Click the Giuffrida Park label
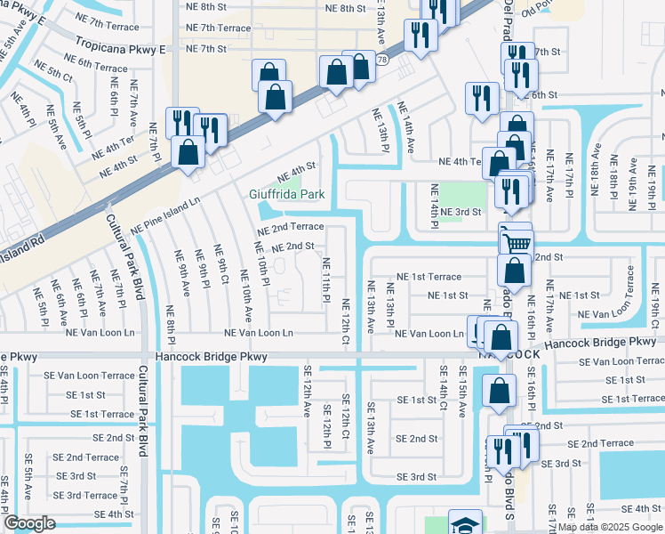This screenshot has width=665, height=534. pos(286,194)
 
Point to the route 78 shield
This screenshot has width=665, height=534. pos(381,60)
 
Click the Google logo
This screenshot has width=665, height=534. pos(29,523)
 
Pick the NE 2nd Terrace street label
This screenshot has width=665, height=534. pos(291,228)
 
